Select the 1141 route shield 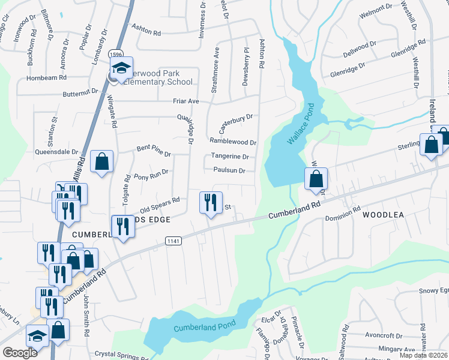click(x=173, y=240)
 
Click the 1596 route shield click(x=116, y=54)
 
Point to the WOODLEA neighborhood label click(x=384, y=214)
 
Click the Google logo click(x=20, y=353)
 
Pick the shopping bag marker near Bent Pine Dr click(x=102, y=161)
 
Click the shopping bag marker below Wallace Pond click(x=316, y=178)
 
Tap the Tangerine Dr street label click(x=229, y=157)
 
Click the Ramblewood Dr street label click(x=233, y=142)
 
